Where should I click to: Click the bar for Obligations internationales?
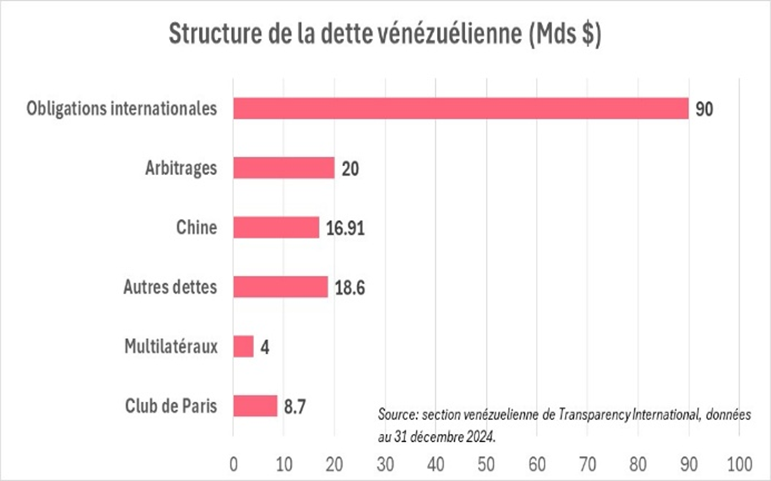pos(460,108)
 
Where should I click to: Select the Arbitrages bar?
pos(284,168)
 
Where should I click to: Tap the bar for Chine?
pos(276,227)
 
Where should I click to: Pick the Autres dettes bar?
pos(280,287)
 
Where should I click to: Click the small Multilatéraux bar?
pos(243,347)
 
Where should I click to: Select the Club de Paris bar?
pos(255,406)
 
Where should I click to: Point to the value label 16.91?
pos(345,228)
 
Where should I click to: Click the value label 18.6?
pos(349,288)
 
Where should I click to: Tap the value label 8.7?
pos(294,406)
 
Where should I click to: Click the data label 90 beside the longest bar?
pos(704,109)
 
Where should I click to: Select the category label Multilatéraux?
pos(171,347)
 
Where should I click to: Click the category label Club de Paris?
pos(171,406)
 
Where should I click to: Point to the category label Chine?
pos(196,227)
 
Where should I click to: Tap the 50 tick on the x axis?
pos(486,464)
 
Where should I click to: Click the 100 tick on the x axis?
pos(739,464)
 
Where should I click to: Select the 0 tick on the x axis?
pos(234,464)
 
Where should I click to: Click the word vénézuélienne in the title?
pos(446,34)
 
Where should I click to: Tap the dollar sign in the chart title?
pos(587,34)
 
